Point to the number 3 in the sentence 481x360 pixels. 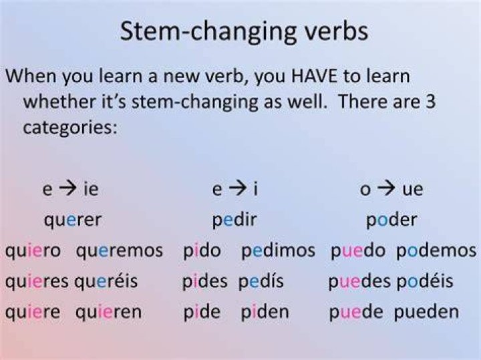pos(430,102)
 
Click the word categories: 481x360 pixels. pos(70,128)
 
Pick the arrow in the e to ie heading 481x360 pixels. pos(67,188)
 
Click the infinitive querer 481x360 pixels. pos(73,220)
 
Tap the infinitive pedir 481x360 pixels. pos(234,220)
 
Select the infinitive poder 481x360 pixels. pos(391,220)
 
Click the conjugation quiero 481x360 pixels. pos(33,251)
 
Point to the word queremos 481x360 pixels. pos(120,251)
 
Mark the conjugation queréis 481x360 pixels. pos(106,281)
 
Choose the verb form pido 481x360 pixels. pos(202,250)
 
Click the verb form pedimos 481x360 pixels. pos(278,250)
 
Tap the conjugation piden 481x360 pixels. pos(265,311)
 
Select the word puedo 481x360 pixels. pos(358,250)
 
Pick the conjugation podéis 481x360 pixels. pos(425,281)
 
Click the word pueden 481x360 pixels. pos(426,312)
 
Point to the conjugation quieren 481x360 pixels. pos(109,313)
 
